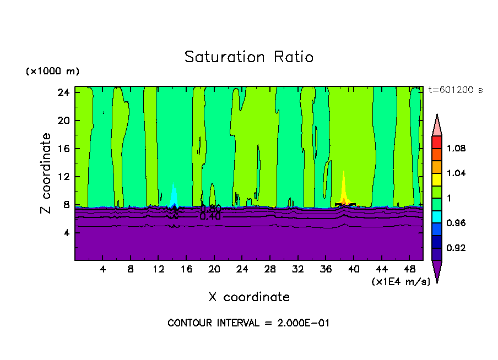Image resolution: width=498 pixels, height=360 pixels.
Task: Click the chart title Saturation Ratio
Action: pos(249,57)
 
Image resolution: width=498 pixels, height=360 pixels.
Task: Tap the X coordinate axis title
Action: pos(249,297)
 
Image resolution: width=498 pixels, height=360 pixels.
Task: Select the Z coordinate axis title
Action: pos(46,173)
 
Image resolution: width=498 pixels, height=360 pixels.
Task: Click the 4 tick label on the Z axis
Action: pos(66,233)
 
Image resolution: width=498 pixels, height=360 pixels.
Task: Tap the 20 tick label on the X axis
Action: pos(214,269)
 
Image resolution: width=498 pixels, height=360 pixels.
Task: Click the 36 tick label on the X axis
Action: pos(326,269)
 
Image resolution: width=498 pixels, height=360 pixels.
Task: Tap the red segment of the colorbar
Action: pos(437,142)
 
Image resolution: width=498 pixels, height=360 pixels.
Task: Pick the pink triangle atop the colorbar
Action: pos(437,125)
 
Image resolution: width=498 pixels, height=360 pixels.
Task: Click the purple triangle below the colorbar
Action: pos(437,271)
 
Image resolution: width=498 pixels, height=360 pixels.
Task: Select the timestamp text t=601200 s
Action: pos(456,90)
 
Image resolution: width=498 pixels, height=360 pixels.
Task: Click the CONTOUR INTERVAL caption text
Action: pos(249,323)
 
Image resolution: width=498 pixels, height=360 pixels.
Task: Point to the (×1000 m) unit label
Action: pos(52,71)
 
